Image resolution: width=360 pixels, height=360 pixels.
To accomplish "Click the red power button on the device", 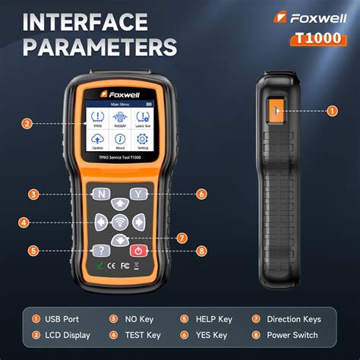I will [138, 250].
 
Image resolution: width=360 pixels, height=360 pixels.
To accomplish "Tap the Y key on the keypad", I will [137, 194].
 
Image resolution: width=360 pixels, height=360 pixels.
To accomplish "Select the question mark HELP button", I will [102, 250].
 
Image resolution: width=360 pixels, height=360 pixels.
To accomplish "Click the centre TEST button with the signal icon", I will [120, 223].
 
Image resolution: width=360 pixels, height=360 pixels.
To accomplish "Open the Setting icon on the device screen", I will [141, 142].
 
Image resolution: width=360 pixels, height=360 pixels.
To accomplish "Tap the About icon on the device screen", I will [119, 142].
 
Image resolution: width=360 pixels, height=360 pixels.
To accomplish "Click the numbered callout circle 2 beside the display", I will [27, 123].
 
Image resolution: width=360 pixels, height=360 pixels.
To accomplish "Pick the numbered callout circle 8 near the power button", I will [201, 250].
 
